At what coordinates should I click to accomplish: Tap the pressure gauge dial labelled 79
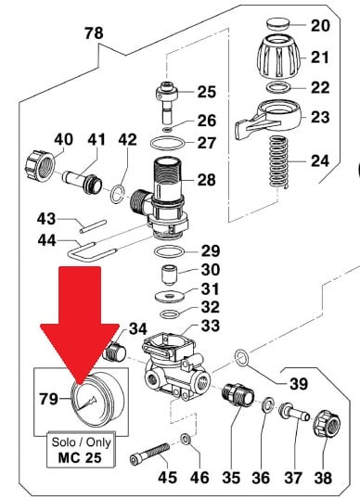(97, 399)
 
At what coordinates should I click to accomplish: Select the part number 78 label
(94, 33)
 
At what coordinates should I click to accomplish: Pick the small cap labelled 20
(277, 23)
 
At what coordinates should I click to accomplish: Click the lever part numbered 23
(267, 119)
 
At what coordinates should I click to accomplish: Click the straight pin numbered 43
(93, 226)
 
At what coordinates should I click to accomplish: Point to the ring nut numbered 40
(40, 166)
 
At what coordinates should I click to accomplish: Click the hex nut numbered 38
(327, 424)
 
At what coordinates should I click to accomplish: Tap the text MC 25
(80, 457)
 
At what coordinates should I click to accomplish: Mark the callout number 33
(211, 326)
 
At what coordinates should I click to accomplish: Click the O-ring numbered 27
(168, 143)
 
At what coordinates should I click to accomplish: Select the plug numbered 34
(115, 352)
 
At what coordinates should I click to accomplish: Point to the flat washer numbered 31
(171, 296)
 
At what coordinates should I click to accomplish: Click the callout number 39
(299, 384)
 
